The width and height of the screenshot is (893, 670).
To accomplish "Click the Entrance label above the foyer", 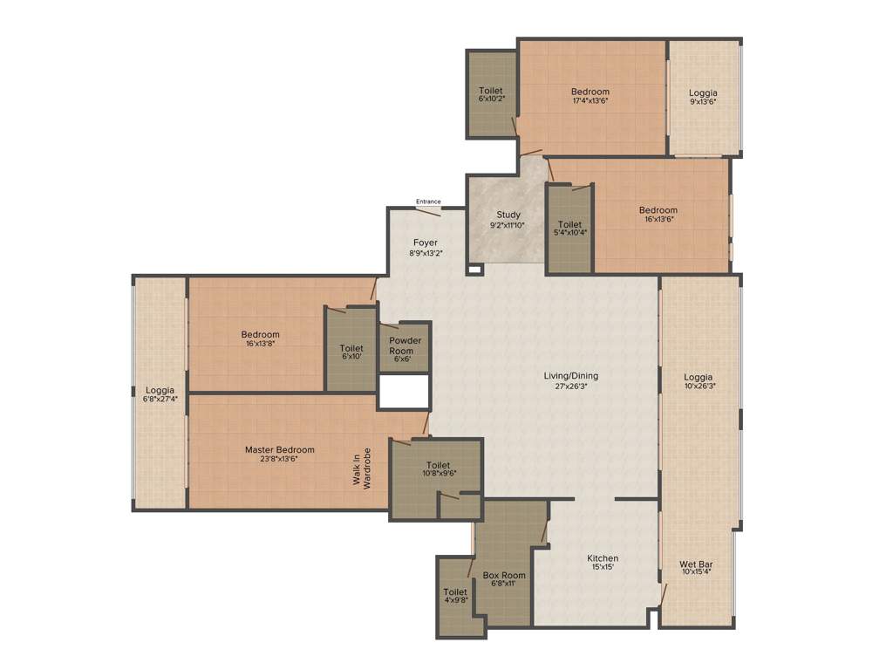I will click(428, 202).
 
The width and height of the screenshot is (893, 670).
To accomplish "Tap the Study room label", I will click(508, 215).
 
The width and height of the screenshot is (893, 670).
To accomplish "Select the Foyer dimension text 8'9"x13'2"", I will click(426, 253).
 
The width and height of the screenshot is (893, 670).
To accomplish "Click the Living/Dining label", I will click(571, 376).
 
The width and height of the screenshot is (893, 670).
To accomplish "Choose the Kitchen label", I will click(603, 558).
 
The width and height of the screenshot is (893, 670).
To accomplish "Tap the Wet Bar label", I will click(695, 564).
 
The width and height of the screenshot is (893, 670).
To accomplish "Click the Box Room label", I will click(505, 575).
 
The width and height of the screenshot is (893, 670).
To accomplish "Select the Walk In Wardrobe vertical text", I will click(367, 468).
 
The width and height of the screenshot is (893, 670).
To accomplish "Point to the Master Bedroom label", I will click(279, 450).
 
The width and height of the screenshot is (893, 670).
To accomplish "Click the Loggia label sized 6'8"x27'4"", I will click(160, 390).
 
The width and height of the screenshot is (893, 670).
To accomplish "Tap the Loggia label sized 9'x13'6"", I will click(703, 92).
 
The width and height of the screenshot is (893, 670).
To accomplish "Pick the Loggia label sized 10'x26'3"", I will click(699, 377).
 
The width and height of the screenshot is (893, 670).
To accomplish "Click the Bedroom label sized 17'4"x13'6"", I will click(590, 92).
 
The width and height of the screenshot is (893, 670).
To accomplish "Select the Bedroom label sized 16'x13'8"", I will click(261, 334).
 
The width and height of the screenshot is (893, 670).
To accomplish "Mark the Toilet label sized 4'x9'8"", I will click(455, 592).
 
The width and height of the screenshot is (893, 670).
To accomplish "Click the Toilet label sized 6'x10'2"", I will click(491, 91).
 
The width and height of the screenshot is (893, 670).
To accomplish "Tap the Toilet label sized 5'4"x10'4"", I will click(570, 224).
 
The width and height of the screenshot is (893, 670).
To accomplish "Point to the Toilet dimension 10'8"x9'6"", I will click(439, 473).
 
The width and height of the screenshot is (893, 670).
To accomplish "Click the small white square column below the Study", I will click(474, 270).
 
